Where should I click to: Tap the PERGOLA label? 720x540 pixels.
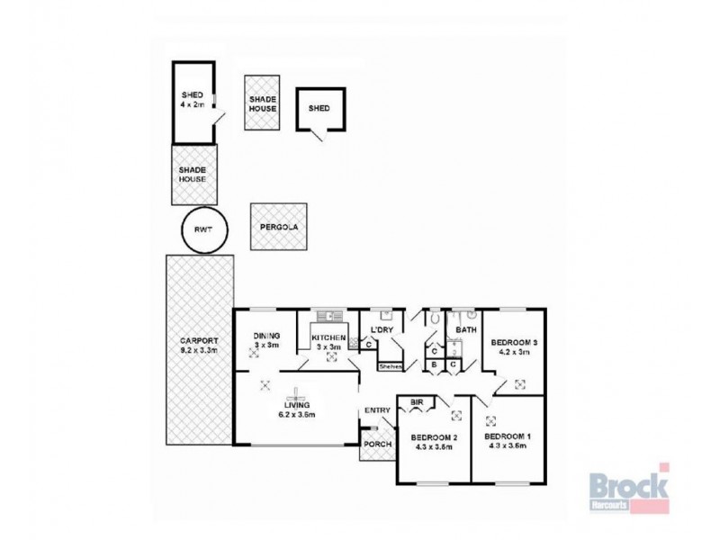click(x=277, y=229)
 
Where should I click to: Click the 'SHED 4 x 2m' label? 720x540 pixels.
click(x=192, y=100)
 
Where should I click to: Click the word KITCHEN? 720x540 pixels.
click(x=328, y=337)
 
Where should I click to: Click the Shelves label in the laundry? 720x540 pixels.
click(x=390, y=366)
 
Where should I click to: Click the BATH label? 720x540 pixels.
click(x=465, y=330)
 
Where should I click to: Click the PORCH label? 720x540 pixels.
click(x=375, y=445)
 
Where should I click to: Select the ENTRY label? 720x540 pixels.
click(x=376, y=411)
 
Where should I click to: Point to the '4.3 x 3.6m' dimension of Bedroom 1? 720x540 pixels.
click(x=509, y=445)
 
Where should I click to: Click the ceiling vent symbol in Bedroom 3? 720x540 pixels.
click(x=519, y=384)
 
